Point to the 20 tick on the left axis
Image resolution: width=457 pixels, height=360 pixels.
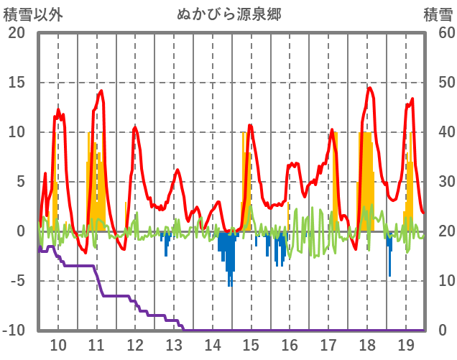coord(16,33)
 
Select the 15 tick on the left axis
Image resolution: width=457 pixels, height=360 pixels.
coord(16,83)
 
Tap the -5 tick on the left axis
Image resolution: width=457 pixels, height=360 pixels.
coord(16,281)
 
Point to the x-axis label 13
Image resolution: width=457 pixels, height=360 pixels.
coord(174,344)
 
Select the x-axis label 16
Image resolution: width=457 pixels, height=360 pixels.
coord(290,344)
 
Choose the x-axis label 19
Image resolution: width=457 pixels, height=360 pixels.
coord(405,344)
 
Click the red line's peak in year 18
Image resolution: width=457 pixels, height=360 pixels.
coord(369,88)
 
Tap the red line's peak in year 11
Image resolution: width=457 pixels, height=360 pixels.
coord(101,91)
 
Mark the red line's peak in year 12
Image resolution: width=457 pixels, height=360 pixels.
coord(135,127)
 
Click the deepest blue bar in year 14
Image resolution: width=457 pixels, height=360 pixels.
coord(230,285)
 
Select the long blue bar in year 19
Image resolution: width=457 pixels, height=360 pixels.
coord(390,274)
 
